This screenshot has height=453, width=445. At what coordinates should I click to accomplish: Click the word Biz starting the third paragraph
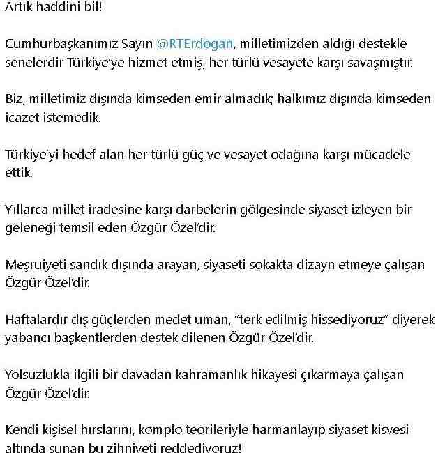pos(15,99)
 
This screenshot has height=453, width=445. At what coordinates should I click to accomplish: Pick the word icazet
pos(22,117)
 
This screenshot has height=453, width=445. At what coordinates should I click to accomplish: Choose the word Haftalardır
pos(40,319)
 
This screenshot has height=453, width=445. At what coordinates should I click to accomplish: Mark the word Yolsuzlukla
pos(39,374)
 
